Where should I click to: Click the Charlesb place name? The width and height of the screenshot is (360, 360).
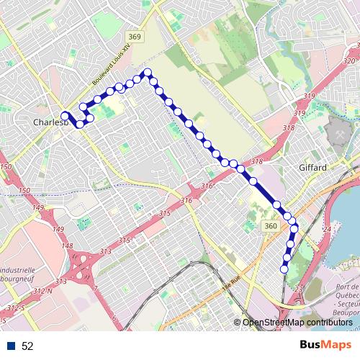pyautogui.click(x=50, y=122)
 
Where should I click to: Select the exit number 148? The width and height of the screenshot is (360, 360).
pyautogui.click(x=68, y=246)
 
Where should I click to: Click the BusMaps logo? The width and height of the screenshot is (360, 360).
pyautogui.click(x=325, y=346)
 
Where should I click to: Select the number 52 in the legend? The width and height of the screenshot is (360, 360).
pyautogui.click(x=28, y=346)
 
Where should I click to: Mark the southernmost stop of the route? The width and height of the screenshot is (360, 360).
pyautogui.click(x=284, y=269)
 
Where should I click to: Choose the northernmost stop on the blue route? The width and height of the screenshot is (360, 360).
pyautogui.click(x=147, y=72)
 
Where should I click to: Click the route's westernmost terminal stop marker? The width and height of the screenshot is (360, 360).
pyautogui.click(x=65, y=115)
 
